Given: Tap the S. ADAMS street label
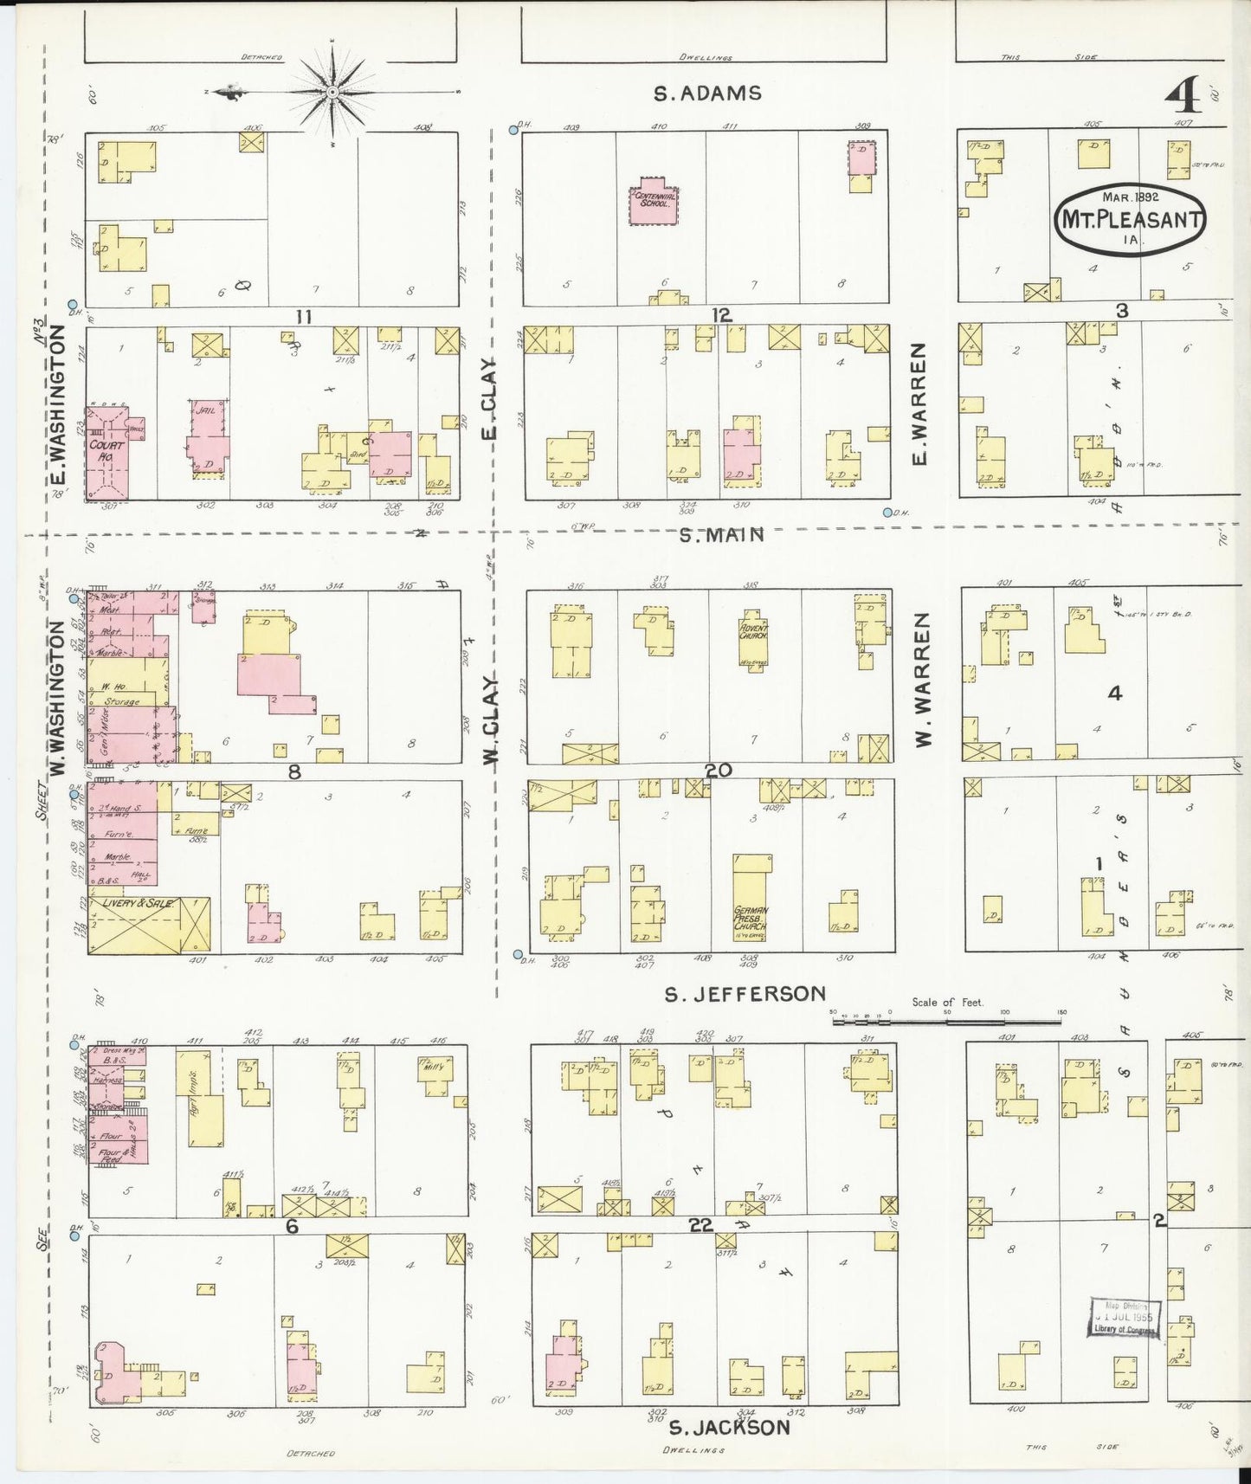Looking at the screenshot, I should click(707, 93).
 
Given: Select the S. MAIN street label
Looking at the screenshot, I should click(720, 535).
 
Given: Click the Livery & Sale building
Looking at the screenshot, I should click(148, 925).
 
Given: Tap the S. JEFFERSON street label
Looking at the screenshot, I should click(745, 994).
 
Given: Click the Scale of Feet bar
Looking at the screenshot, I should click(946, 1022).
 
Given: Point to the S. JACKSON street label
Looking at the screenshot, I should click(730, 1428).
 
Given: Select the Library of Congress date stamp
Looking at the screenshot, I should click(1123, 1318).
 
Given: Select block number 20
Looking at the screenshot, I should click(719, 770).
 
